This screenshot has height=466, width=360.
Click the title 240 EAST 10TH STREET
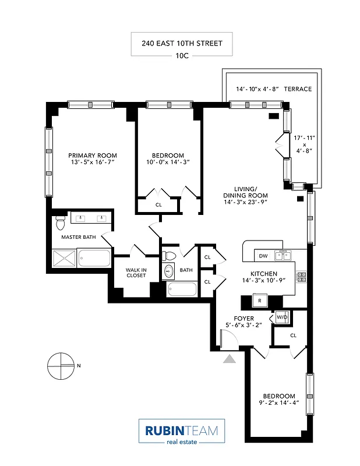point(182,43)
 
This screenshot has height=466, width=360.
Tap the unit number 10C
point(182,57)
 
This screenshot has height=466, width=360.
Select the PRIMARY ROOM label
point(93,156)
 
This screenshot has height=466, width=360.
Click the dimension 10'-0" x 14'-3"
point(168,163)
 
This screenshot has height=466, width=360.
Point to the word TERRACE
point(298,89)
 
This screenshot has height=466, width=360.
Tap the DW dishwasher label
point(263,256)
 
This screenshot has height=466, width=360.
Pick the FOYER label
point(243,319)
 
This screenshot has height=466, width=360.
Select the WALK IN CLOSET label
point(136,272)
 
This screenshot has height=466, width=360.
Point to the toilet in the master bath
point(59,223)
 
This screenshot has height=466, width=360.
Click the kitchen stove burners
point(302,277)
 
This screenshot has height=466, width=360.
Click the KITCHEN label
point(263,273)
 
